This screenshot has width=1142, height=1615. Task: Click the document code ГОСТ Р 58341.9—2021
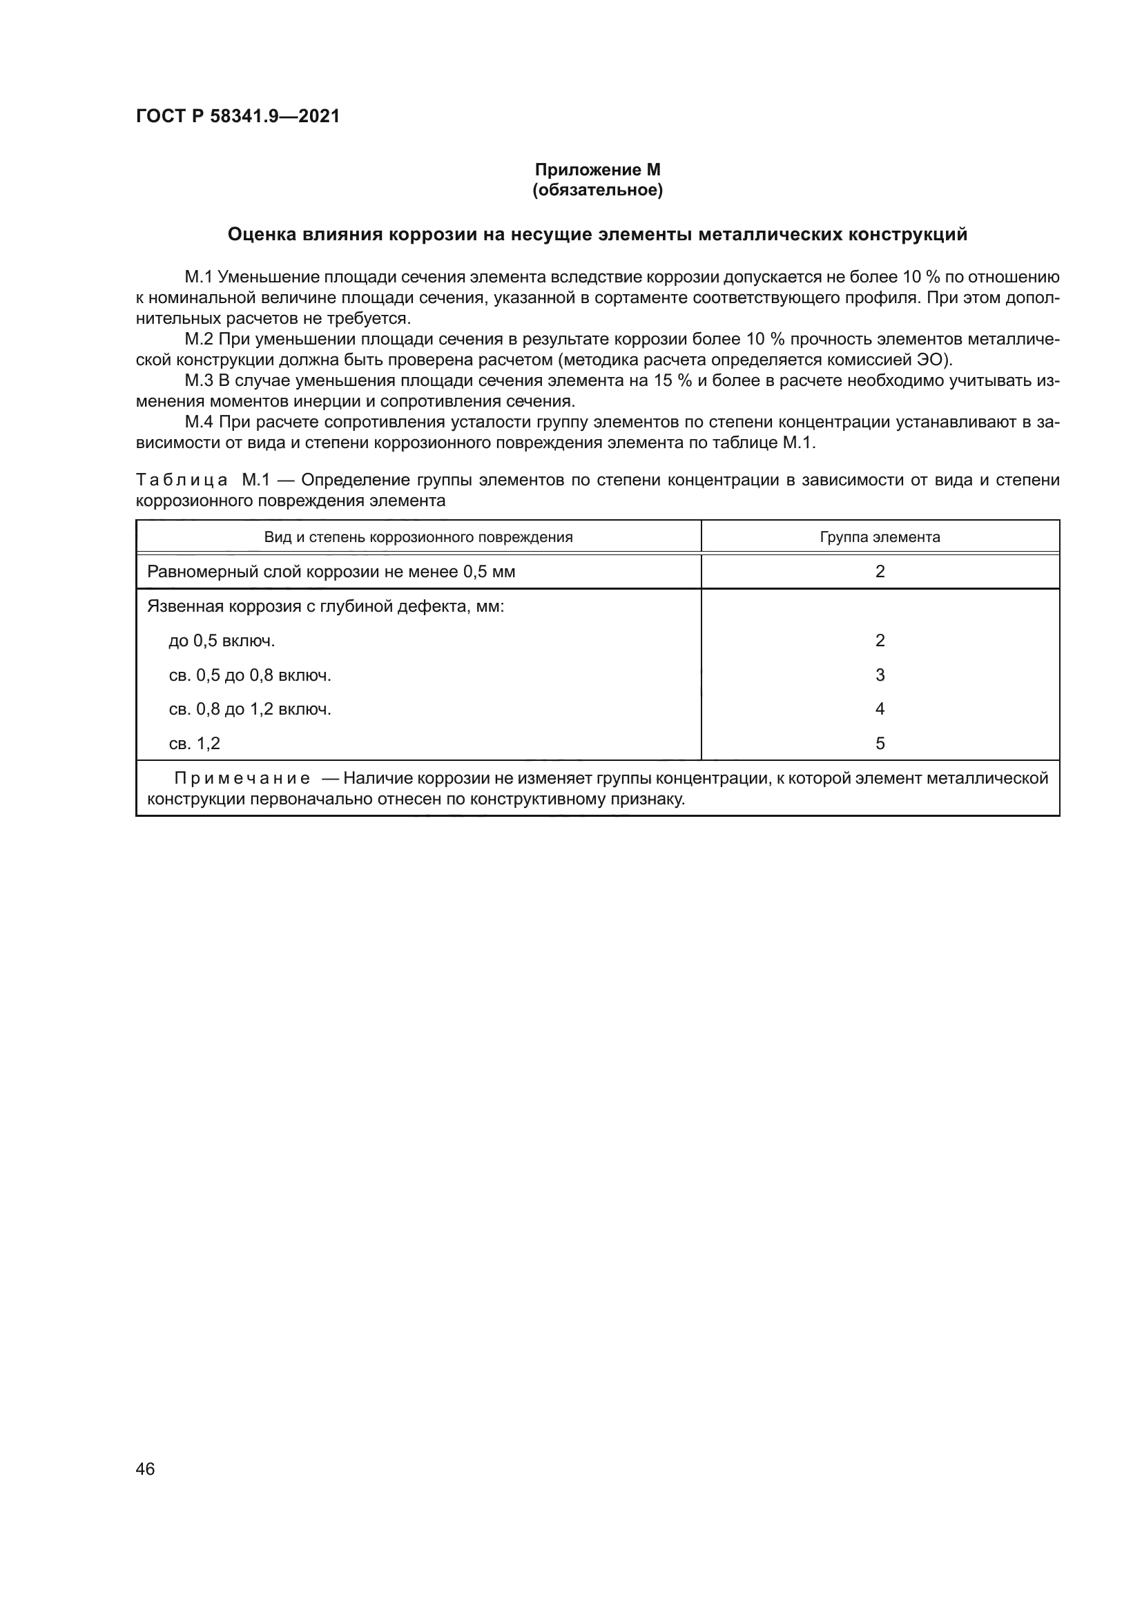tap(238, 116)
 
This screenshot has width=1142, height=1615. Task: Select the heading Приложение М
tap(597, 170)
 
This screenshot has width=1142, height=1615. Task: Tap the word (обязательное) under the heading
tap(597, 190)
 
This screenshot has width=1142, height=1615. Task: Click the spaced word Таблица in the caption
tap(182, 481)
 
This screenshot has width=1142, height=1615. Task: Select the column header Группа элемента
tap(879, 537)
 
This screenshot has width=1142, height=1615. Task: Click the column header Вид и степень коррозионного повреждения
tap(418, 537)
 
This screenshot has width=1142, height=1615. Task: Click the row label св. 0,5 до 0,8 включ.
tap(250, 675)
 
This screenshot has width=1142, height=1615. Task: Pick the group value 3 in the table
tap(880, 675)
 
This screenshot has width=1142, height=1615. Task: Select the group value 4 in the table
tap(880, 709)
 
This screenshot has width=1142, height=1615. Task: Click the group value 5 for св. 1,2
tap(880, 744)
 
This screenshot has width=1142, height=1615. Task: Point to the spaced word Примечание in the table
tap(242, 779)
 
